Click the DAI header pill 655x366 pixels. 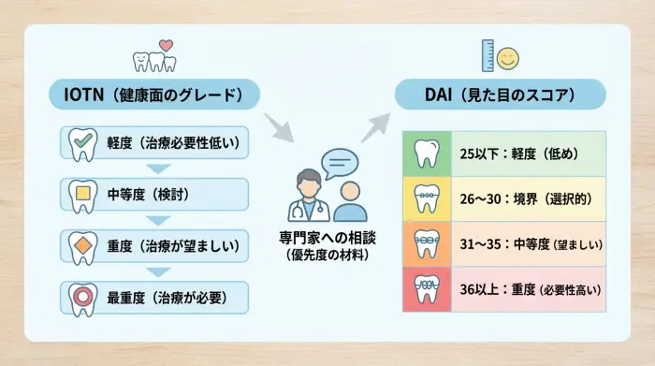click(500, 95)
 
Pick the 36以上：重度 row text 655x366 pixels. click(529, 289)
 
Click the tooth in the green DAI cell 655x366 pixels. click(426, 154)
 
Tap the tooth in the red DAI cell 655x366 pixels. click(426, 289)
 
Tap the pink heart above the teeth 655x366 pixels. click(166, 44)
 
